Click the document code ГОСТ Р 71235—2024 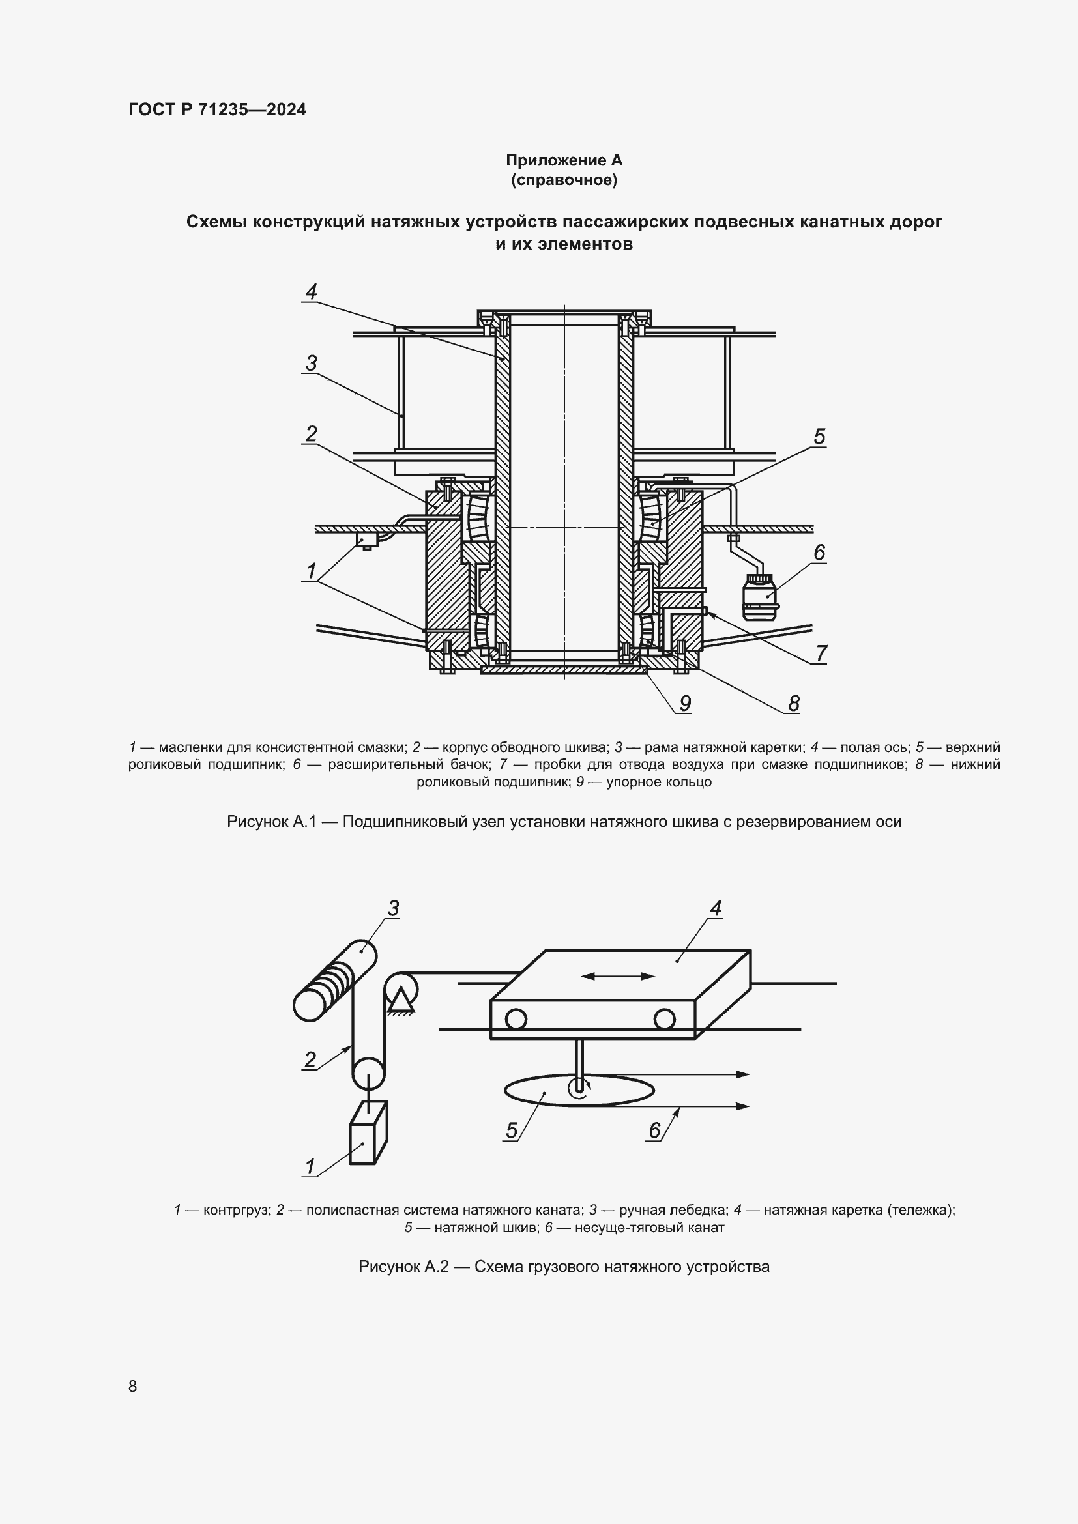point(217,109)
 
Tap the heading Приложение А point(564,160)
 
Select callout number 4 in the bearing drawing point(311,291)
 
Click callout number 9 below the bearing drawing point(685,703)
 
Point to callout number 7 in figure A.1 point(821,653)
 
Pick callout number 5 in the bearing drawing point(819,437)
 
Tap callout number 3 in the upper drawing point(311,363)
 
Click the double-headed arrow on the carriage point(617,976)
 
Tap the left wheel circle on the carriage point(516,1019)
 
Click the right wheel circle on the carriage point(663,1019)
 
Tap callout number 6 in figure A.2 point(654,1130)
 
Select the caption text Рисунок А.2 point(403,1267)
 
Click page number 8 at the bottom point(133,1386)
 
